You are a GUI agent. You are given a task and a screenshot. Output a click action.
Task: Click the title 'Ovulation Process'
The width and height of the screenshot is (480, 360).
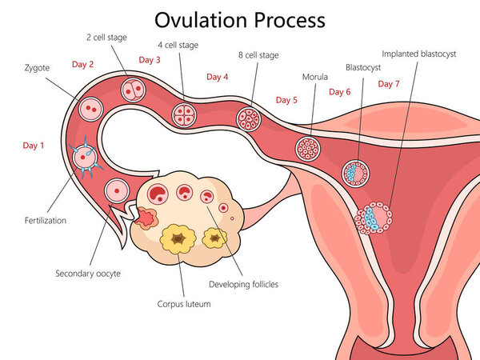pos(240,19)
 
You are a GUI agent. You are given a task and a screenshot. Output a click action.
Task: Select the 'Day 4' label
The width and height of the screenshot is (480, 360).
pos(217,77)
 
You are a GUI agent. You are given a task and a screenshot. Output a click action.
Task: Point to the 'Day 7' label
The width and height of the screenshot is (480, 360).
pos(389,83)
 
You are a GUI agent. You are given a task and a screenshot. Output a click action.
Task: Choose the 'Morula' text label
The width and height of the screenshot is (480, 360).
pos(314,77)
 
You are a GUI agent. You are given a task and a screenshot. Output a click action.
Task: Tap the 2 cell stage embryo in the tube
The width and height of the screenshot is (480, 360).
pos(132,90)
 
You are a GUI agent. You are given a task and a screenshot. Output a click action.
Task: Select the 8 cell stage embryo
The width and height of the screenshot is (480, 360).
pos(248,118)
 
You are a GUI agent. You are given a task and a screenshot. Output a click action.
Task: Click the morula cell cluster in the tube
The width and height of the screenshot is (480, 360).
pos(307,148)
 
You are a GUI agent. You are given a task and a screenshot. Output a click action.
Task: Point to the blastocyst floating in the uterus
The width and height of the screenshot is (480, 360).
pos(354,172)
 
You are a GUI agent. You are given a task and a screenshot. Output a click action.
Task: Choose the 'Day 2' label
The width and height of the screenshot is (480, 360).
pos(82,64)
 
